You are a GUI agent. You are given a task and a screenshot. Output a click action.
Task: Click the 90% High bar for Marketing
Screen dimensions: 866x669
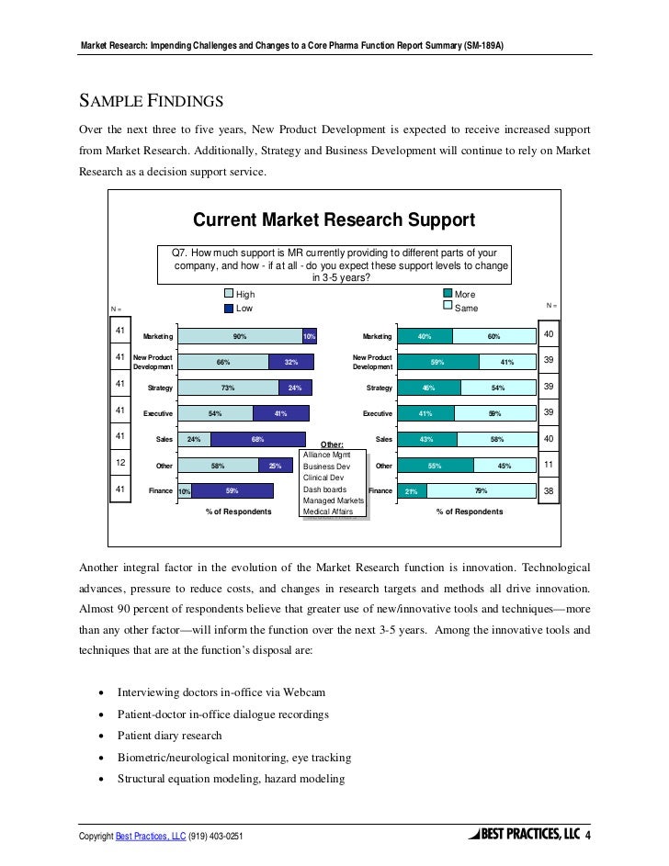tap(239, 337)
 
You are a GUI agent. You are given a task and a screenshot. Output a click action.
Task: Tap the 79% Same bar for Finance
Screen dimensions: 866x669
tap(481, 491)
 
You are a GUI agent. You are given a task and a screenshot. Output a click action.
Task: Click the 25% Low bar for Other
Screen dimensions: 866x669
tap(275, 466)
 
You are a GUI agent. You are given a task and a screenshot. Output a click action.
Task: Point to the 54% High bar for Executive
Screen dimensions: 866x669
tap(215, 414)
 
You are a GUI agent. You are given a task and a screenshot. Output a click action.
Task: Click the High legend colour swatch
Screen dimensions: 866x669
tap(230, 295)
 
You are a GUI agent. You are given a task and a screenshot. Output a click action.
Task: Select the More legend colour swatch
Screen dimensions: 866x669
tap(449, 295)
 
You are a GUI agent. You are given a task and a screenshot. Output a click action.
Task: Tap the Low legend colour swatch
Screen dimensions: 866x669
tap(230, 308)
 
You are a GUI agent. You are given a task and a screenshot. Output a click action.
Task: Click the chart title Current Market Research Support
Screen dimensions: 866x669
tap(334, 220)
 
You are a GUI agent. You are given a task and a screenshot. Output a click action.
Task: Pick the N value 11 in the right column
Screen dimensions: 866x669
tap(549, 466)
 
